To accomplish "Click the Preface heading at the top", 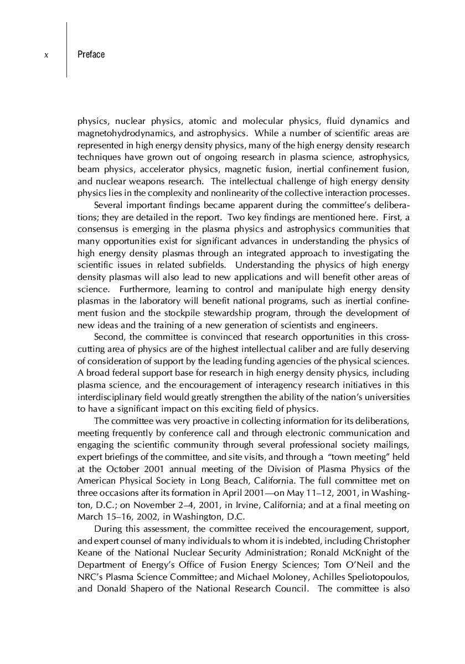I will click(x=91, y=55).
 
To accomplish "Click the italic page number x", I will click(x=46, y=55).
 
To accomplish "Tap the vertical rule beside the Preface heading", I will click(x=67, y=50).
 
